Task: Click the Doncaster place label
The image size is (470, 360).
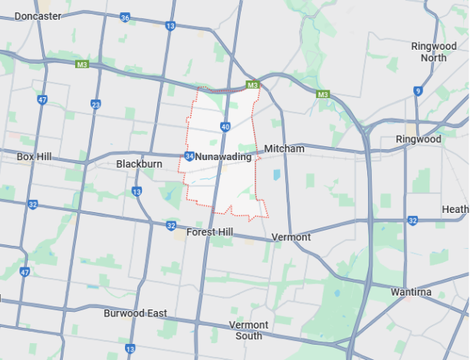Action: point(38,15)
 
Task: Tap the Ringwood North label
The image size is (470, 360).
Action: point(433,52)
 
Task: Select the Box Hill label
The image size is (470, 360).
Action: point(34,156)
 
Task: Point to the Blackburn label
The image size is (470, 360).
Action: point(140,164)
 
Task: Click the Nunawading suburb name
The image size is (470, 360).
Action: point(223,157)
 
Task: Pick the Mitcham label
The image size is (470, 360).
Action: point(284,148)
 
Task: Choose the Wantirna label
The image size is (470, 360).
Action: point(432,292)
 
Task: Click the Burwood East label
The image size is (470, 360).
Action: point(135,313)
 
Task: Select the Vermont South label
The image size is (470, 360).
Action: point(249,330)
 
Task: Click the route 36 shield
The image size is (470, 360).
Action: point(125,17)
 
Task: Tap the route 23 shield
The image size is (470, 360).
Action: point(96,105)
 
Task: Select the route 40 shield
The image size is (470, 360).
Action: point(225,126)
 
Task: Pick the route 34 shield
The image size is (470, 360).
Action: point(189,156)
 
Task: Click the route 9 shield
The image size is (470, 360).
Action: point(418,90)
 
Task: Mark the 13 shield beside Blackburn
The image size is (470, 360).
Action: point(136,191)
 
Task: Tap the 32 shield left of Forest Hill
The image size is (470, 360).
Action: point(171,225)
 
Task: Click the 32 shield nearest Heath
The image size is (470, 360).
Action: point(412,221)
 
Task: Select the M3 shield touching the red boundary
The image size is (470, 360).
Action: point(251,84)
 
